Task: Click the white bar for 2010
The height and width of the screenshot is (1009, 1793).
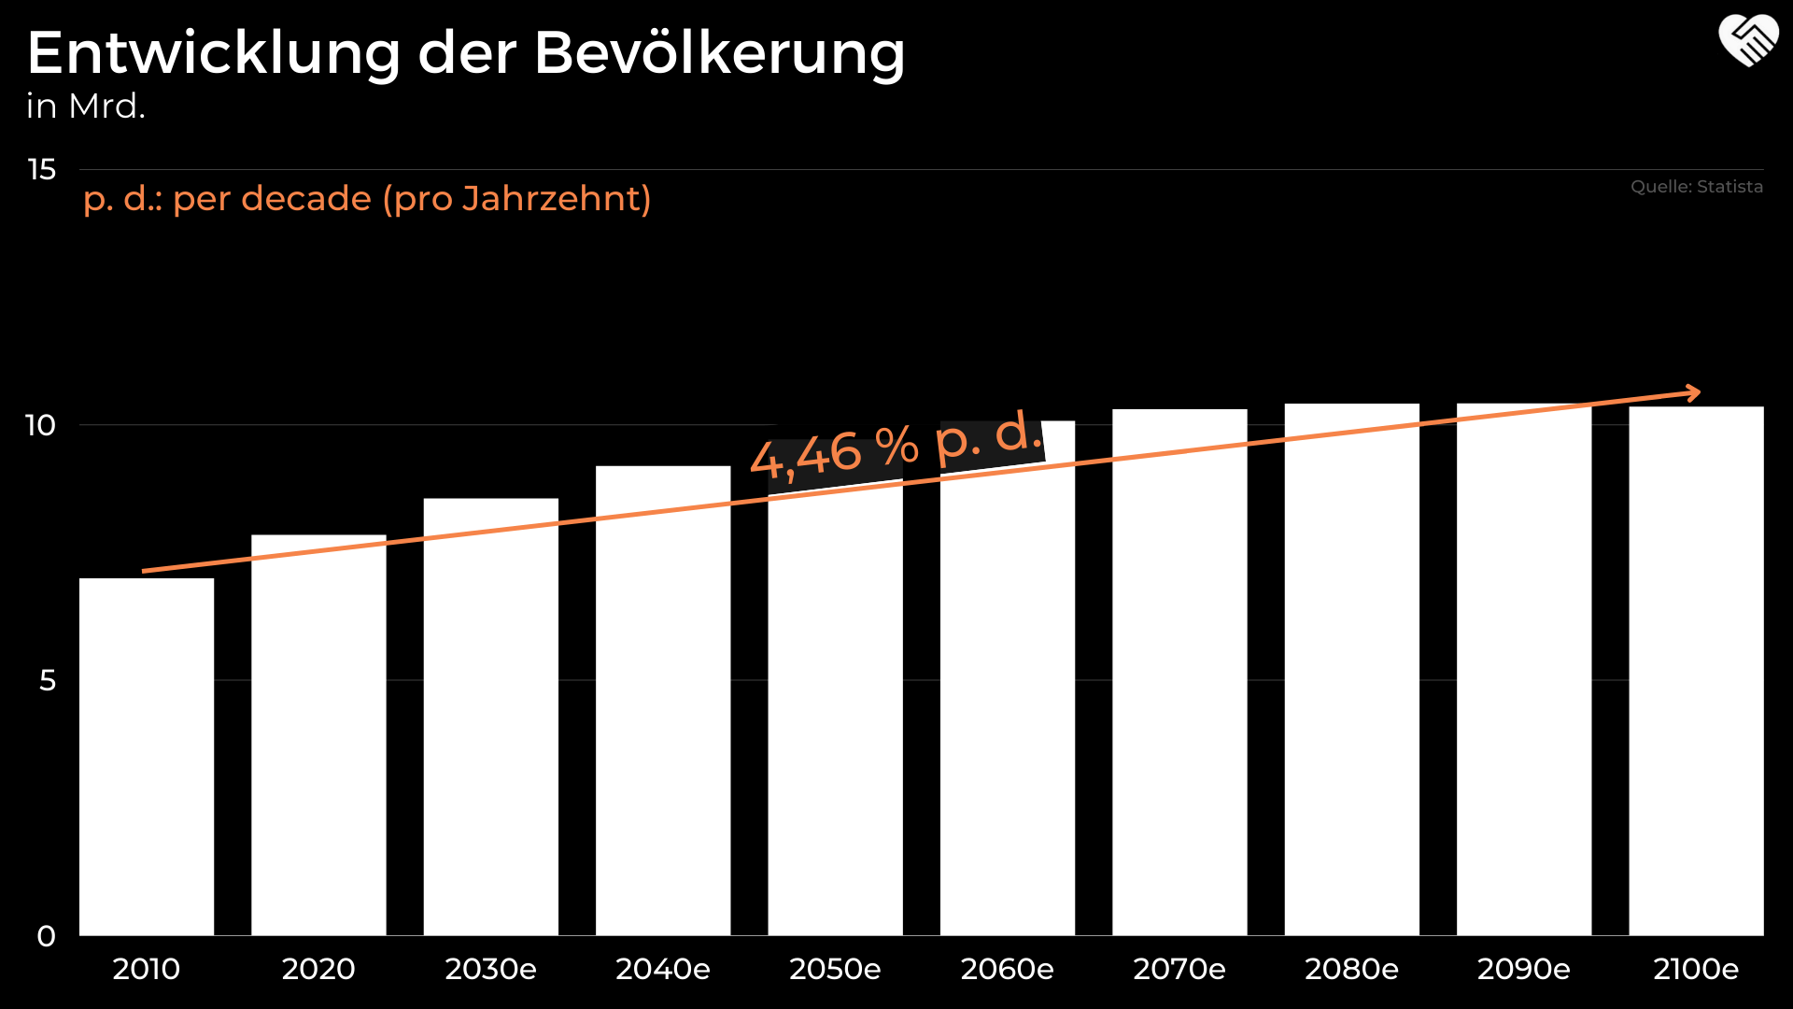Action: coord(147,757)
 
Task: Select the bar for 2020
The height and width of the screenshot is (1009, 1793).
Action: coord(318,738)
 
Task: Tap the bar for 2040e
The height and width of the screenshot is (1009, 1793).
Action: coord(663,701)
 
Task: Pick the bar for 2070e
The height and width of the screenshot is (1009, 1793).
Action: coord(1179,673)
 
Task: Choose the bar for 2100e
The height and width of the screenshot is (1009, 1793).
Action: coord(1696,673)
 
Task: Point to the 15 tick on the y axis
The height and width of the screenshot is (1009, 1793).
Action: coord(42,170)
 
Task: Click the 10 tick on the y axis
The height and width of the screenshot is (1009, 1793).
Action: coord(41,426)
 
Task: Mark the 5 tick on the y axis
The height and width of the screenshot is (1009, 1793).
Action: coord(48,681)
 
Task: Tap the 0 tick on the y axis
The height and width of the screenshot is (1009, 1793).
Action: coord(47,936)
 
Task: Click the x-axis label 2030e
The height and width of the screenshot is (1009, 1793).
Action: coord(490,970)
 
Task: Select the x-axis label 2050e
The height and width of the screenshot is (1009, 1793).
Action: coord(835,970)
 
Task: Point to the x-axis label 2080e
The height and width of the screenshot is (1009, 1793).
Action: coord(1351,970)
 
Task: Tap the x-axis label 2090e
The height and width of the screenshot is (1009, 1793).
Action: coord(1523,970)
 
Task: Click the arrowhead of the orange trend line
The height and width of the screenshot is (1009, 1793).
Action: coord(1692,393)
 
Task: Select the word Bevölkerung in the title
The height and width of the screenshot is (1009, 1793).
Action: coord(719,53)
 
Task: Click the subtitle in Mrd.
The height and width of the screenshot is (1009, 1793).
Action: coord(86,107)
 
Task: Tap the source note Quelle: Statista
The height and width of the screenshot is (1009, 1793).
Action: coord(1696,187)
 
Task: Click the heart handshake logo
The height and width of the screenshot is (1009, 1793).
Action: coord(1748,41)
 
